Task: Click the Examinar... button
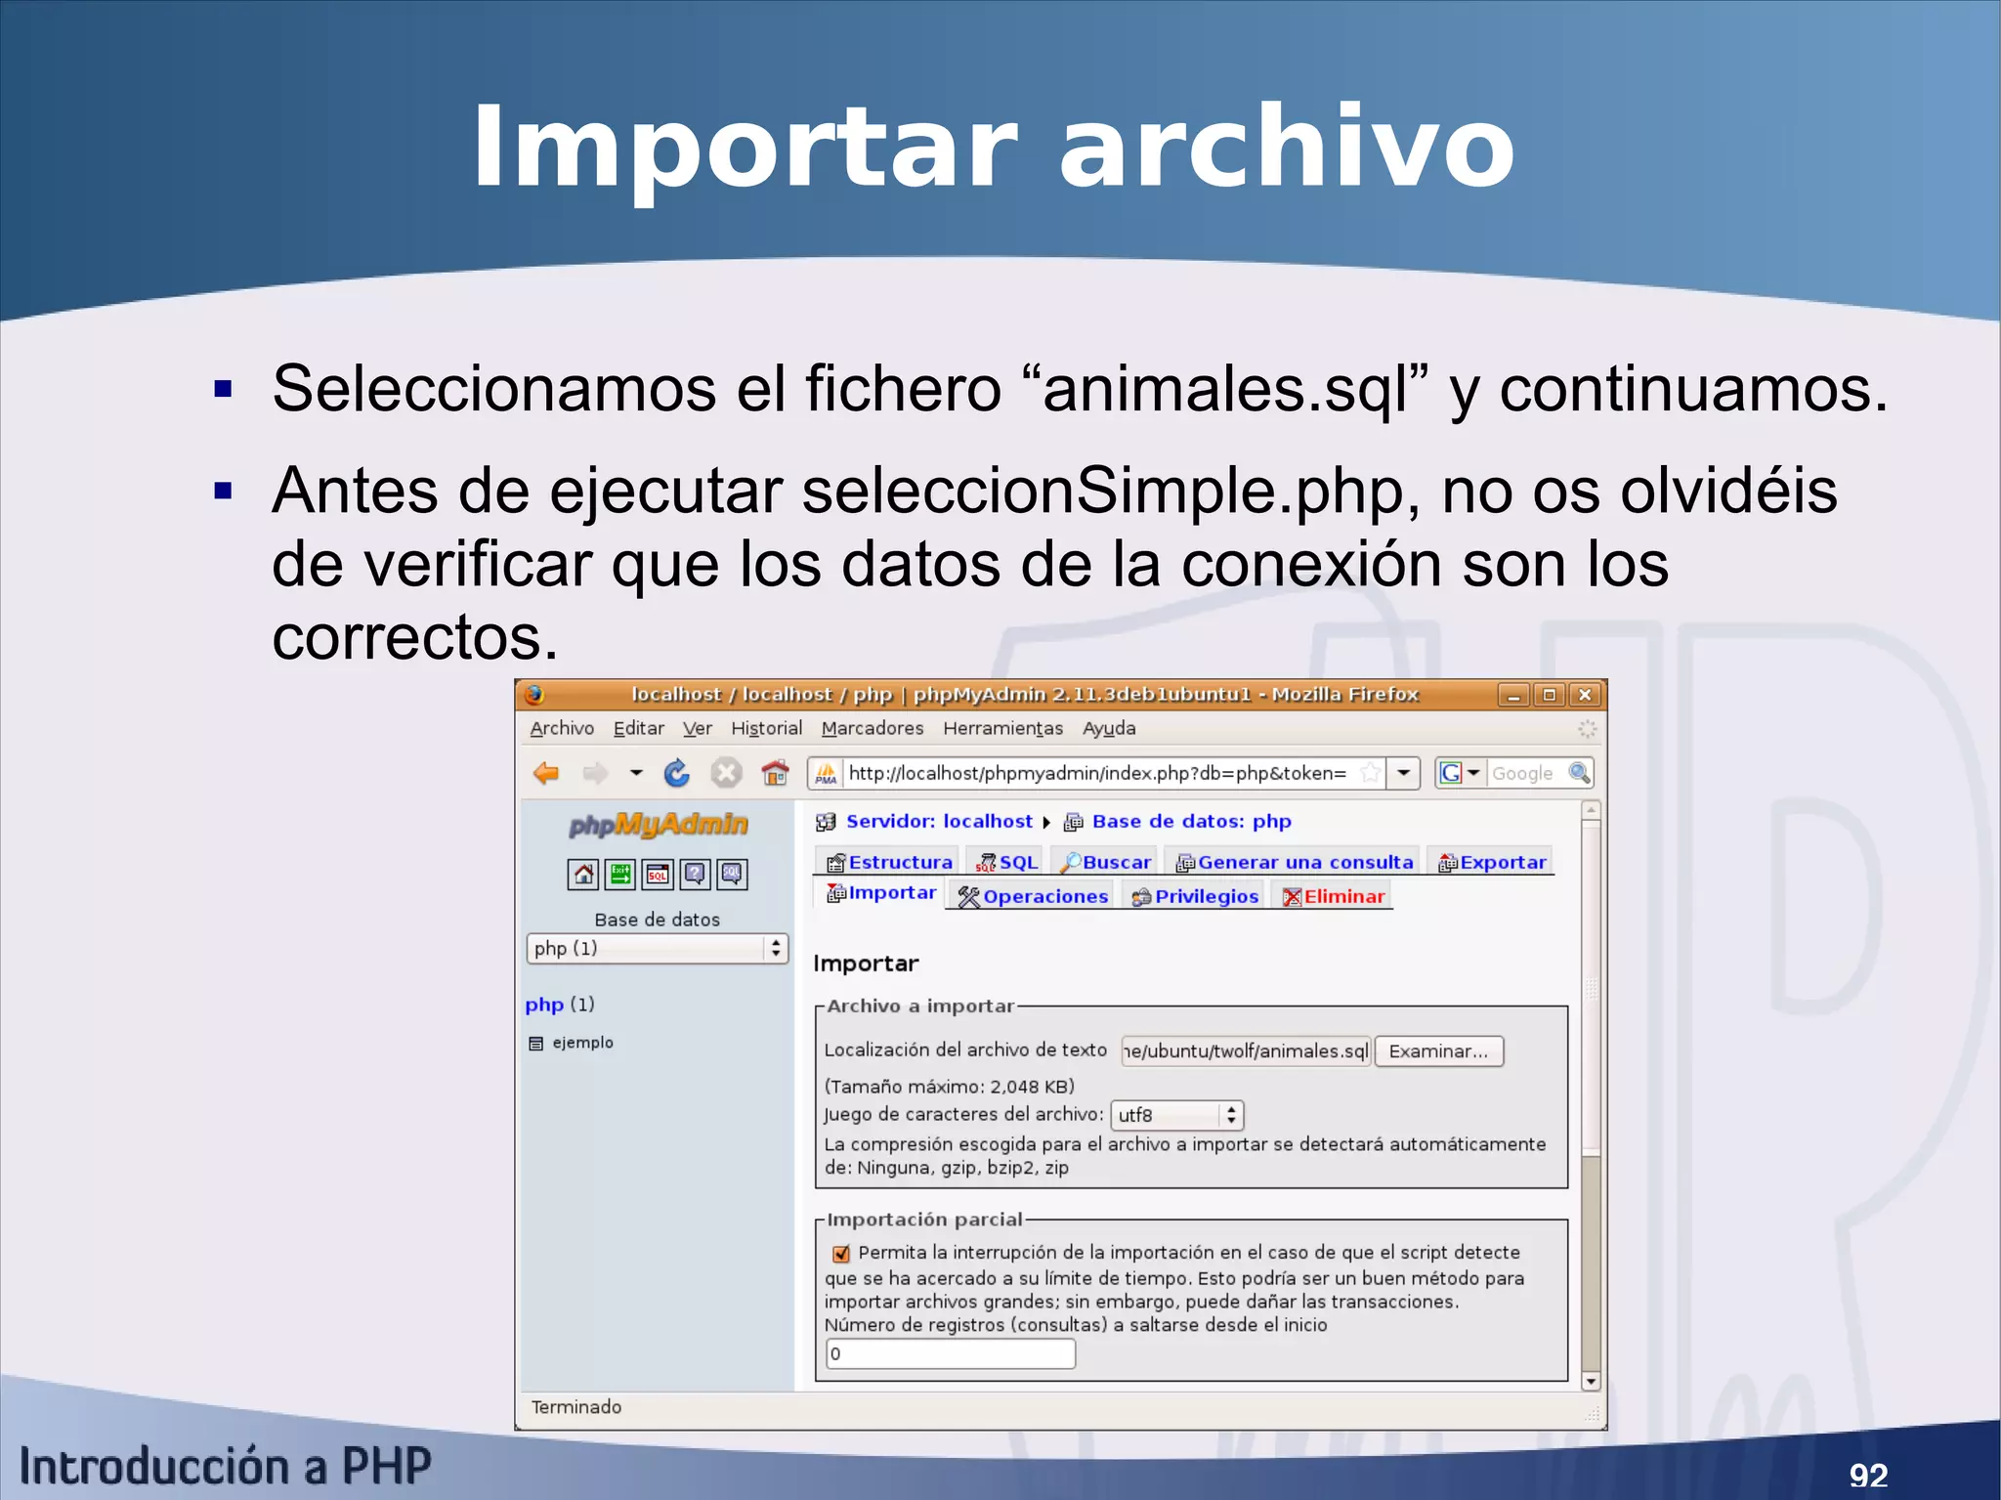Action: (1438, 1051)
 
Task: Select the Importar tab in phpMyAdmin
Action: (881, 893)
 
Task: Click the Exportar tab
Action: (1492, 862)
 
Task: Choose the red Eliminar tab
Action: (1334, 896)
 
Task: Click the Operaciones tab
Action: (1034, 896)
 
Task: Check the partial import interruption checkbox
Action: (840, 1254)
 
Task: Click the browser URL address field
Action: (1097, 774)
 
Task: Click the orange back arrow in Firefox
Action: (546, 774)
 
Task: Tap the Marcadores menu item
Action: (872, 728)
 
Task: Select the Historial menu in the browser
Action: (766, 728)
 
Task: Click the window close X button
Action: (1585, 695)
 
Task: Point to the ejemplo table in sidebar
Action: (582, 1043)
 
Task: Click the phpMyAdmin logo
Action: (659, 825)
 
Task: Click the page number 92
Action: (1868, 1475)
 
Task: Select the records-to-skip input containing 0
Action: (950, 1353)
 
